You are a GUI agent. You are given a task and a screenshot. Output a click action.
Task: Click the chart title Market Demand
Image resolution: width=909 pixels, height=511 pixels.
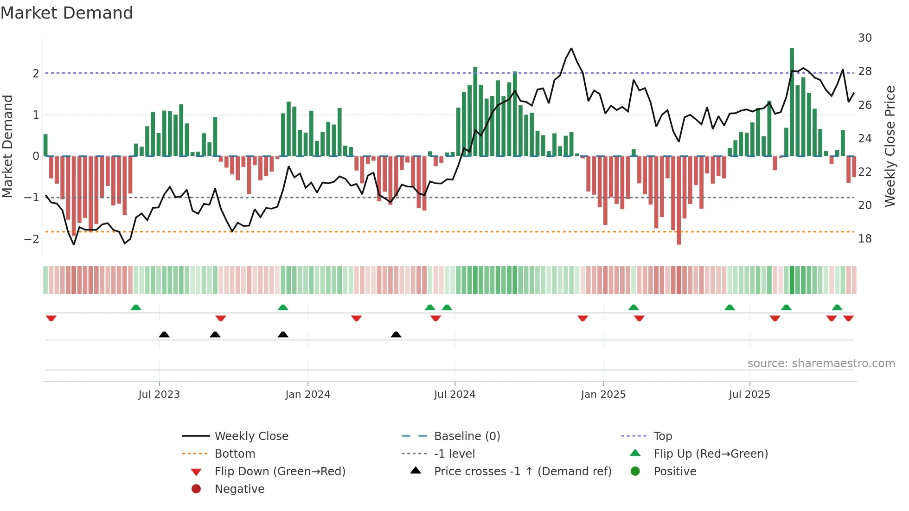click(67, 13)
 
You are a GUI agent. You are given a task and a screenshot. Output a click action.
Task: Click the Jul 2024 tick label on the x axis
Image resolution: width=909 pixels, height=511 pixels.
click(454, 395)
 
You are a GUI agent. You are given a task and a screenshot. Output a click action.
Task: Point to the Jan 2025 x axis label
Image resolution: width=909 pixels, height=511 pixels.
click(603, 395)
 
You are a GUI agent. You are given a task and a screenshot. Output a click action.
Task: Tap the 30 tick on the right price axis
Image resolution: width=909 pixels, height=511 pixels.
click(864, 38)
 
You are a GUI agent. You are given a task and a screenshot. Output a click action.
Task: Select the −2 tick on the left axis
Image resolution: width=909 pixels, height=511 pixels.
click(32, 239)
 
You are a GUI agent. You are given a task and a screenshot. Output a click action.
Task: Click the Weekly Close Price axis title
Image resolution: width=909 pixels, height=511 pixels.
click(890, 146)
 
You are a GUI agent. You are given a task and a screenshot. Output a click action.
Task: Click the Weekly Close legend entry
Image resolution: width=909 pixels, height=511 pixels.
click(251, 436)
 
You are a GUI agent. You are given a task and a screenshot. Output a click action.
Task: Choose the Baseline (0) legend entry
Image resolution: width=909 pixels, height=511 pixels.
click(467, 436)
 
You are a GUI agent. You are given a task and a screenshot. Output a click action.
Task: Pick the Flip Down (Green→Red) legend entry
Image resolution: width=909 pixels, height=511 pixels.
click(280, 472)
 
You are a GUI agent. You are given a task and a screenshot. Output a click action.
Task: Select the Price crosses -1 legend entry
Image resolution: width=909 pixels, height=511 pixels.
click(522, 472)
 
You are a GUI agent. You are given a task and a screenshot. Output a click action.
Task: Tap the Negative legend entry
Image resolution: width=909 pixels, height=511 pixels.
click(239, 489)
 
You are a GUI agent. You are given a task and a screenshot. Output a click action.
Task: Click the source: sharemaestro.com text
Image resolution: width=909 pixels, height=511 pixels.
click(821, 364)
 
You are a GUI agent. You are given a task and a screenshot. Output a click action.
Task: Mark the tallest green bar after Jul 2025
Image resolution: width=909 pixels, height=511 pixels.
click(792, 102)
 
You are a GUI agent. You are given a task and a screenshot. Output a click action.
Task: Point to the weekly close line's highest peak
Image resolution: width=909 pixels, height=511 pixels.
click(571, 49)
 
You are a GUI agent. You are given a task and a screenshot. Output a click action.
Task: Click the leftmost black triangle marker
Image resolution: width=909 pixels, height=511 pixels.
click(164, 335)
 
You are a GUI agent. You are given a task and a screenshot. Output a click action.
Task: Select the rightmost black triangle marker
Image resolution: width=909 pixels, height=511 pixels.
click(396, 335)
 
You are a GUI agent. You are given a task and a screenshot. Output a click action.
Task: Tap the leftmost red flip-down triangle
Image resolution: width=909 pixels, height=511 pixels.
click(51, 318)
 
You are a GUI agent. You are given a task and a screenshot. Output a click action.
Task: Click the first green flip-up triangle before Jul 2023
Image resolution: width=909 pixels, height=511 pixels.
click(135, 307)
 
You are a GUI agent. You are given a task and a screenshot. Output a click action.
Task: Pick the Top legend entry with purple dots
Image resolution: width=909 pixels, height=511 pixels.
click(662, 436)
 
